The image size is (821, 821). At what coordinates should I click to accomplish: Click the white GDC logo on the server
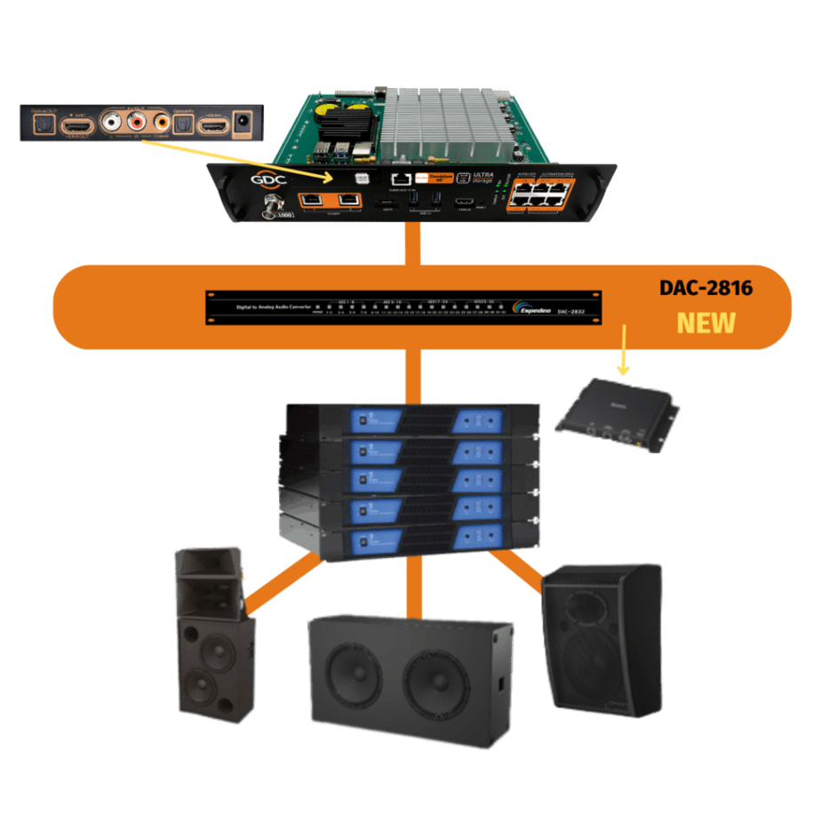pos(251,178)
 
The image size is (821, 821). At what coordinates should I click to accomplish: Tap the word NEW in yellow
pos(706,322)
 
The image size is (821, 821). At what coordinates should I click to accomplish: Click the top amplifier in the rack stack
pos(412,418)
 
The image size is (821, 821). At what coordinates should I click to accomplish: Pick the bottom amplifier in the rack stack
pos(412,540)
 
